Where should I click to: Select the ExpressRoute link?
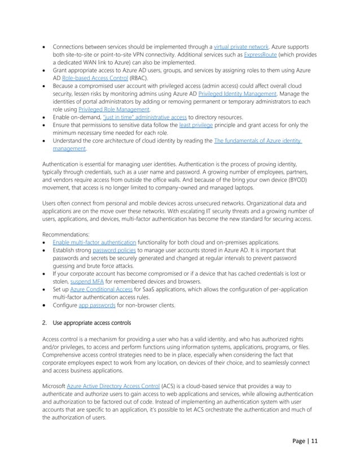263,55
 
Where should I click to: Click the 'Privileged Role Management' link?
118,109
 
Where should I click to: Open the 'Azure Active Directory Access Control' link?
113,385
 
